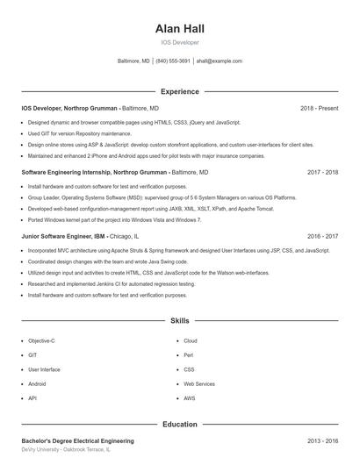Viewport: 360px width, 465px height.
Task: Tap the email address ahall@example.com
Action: click(x=219, y=61)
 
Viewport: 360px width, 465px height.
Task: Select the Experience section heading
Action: click(x=179, y=91)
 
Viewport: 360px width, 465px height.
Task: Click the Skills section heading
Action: click(x=179, y=322)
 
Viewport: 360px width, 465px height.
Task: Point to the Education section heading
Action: click(x=179, y=424)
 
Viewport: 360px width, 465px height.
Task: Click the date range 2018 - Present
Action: click(x=319, y=108)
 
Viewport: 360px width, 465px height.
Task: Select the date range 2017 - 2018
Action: click(x=322, y=173)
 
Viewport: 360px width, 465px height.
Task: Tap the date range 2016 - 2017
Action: click(x=322, y=237)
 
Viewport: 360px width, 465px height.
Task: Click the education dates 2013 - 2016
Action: click(x=322, y=441)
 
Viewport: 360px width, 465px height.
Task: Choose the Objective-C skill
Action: click(x=41, y=340)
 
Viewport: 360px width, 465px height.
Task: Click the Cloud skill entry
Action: click(x=190, y=340)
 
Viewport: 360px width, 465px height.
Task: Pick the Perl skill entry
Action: click(x=188, y=355)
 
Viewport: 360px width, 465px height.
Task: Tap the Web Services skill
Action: click(x=198, y=384)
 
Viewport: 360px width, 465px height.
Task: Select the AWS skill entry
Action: click(x=189, y=398)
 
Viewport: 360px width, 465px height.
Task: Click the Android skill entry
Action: click(x=37, y=384)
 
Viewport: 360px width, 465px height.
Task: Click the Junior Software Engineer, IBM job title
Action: click(x=63, y=237)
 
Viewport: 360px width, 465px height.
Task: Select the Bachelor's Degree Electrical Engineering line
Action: click(x=77, y=441)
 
